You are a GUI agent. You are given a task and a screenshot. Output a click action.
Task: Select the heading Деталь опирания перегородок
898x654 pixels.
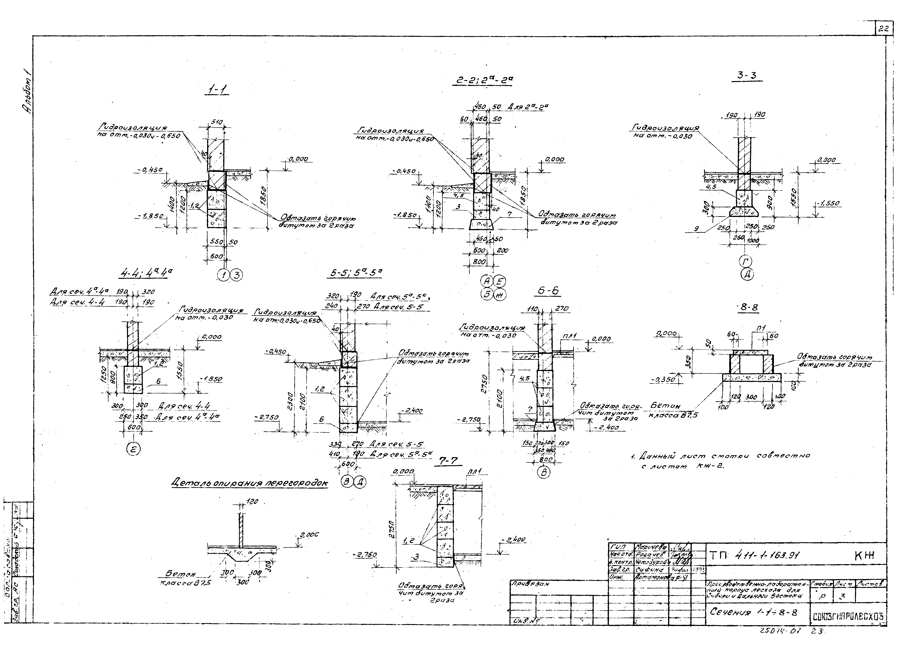point(249,483)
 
